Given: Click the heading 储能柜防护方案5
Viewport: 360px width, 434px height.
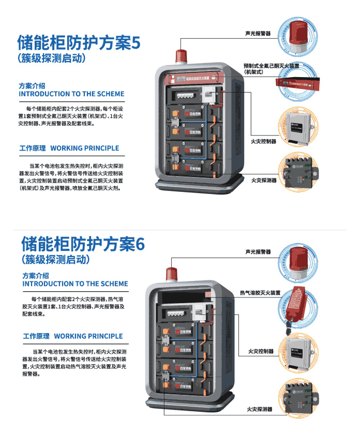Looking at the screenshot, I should (79, 42).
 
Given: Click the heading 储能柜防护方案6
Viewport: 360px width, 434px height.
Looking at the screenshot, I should (82, 243).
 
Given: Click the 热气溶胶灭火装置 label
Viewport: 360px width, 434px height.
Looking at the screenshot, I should (260, 293).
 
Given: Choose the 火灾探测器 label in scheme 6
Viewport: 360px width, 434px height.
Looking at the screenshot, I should (260, 409).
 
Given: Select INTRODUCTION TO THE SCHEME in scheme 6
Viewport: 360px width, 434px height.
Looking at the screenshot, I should (75, 284).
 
